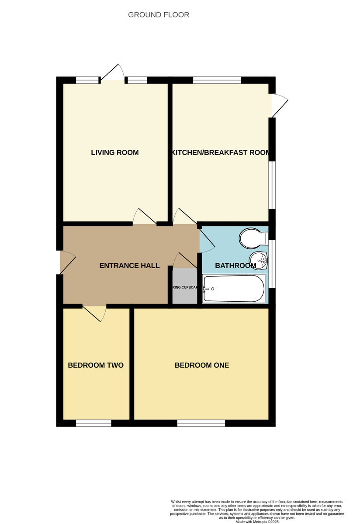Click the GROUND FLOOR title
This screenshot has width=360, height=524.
(159, 15)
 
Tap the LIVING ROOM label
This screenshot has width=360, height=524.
(114, 152)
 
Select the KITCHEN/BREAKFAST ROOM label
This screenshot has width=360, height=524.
(221, 152)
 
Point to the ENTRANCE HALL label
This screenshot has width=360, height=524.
(129, 265)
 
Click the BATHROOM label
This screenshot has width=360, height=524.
(235, 265)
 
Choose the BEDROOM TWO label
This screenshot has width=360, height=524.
(96, 365)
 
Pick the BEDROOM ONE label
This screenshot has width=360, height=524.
(201, 365)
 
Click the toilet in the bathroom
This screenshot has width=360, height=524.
(253, 238)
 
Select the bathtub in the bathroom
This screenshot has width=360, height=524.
(234, 289)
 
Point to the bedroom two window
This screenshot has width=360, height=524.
(93, 423)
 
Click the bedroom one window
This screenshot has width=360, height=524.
(201, 423)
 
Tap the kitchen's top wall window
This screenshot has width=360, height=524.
(217, 80)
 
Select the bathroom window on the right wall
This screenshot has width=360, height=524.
(272, 264)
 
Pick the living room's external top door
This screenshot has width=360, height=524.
(113, 74)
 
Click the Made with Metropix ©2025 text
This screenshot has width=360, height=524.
(257, 521)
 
